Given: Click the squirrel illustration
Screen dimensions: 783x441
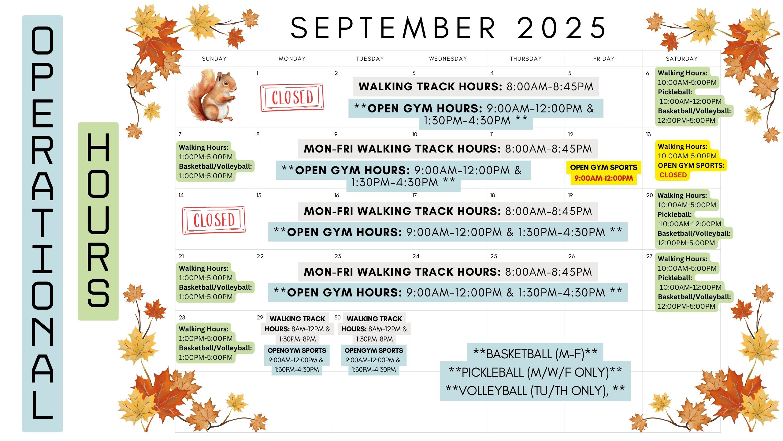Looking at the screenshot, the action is [x=212, y=96].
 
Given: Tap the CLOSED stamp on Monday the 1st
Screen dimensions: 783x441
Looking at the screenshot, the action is [x=292, y=98].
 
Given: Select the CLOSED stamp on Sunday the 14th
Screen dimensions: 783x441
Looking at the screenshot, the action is [x=214, y=220].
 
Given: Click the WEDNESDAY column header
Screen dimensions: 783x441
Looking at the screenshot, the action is [x=448, y=59].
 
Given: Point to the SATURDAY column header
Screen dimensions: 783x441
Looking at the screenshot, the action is [x=682, y=59].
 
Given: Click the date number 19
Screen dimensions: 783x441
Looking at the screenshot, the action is [x=570, y=195].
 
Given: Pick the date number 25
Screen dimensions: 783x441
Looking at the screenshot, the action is [x=494, y=256].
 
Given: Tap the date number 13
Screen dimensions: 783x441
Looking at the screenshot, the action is [x=648, y=134].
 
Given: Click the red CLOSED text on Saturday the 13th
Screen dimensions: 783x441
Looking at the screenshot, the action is [x=673, y=175].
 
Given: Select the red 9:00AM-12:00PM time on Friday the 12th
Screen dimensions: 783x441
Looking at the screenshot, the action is [x=603, y=178].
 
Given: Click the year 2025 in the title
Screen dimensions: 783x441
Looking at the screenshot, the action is [x=561, y=28].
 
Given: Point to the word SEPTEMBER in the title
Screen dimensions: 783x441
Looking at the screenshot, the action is [x=393, y=28].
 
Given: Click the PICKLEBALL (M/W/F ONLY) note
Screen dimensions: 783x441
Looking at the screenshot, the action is [x=535, y=372].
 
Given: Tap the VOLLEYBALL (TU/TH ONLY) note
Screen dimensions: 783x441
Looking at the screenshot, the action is [x=535, y=391].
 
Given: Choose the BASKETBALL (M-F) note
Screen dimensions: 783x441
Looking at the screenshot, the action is [x=535, y=354].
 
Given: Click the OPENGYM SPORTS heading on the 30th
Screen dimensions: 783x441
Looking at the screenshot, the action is [x=374, y=350].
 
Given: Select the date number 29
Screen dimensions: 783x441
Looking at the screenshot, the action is [x=260, y=318].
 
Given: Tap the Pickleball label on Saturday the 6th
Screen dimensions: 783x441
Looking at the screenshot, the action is [x=675, y=92].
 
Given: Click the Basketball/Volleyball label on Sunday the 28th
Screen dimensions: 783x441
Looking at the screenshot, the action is [x=215, y=348].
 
